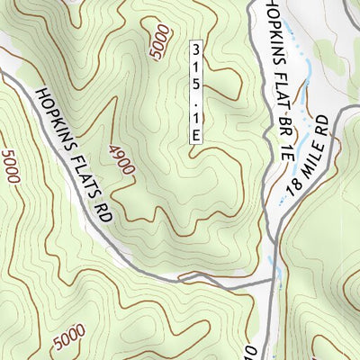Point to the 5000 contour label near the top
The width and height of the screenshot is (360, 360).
coord(160,42)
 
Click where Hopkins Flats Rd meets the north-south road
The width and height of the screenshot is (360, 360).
coord(271,281)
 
